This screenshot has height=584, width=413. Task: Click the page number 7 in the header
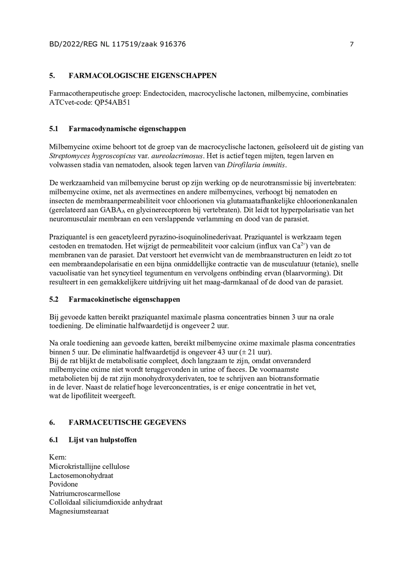[352, 44]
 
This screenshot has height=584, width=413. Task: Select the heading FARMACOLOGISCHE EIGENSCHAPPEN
[142, 76]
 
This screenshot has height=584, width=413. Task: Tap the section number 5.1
[54, 129]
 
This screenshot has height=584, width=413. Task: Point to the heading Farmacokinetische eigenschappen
[124, 299]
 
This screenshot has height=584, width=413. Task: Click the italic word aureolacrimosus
[177, 156]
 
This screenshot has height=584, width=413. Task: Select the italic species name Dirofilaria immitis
[256, 165]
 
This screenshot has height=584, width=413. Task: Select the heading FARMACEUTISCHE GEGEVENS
[127, 423]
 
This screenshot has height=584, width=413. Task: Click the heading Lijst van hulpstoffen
[103, 440]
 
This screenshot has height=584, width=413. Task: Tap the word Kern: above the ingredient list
[57, 457]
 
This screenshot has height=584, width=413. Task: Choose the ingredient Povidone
[64, 484]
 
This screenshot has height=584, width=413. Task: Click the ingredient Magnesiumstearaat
[79, 511]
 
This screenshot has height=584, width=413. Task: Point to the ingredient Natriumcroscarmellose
[85, 493]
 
